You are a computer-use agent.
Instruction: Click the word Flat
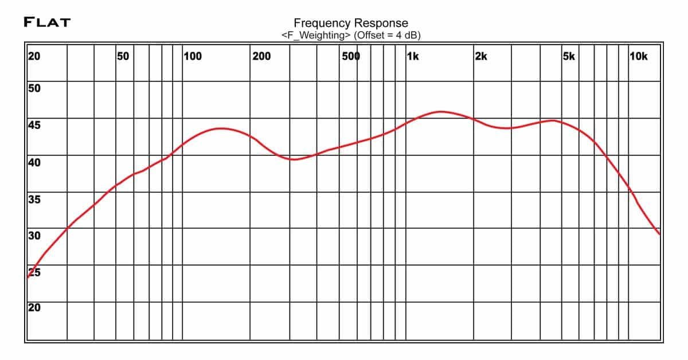(x=47, y=22)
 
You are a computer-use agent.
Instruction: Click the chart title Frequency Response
(x=351, y=23)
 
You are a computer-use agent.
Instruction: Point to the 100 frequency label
(x=192, y=56)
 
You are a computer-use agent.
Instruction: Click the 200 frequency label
(x=261, y=56)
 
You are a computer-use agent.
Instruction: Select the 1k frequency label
(x=412, y=56)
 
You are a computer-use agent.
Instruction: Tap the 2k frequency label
(x=480, y=56)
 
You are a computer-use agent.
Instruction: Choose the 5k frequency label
(x=568, y=56)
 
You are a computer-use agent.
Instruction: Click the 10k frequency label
(x=638, y=56)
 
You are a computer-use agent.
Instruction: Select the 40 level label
(x=34, y=163)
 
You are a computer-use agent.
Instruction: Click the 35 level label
(x=34, y=199)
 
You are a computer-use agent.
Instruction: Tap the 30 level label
(x=34, y=236)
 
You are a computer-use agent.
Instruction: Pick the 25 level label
(x=34, y=272)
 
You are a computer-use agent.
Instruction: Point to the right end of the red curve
(x=659, y=234)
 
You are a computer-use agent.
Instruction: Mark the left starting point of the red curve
(x=28, y=277)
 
